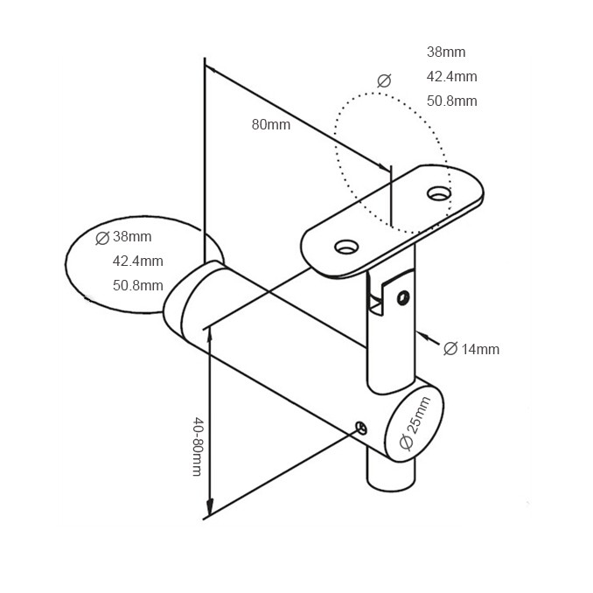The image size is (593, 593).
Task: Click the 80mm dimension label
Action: pos(271,124)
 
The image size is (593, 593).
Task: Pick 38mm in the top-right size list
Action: pos(446,52)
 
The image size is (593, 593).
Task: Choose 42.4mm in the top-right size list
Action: pos(451,76)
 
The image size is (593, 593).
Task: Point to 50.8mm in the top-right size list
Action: pos(451,101)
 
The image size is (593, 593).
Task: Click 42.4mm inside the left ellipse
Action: pos(137,261)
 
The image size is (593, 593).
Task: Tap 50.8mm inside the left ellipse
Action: pos(137,285)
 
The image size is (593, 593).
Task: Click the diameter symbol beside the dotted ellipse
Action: pos(383,81)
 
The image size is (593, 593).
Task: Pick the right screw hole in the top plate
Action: pos(439,193)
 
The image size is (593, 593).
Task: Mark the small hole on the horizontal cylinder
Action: pos(360,426)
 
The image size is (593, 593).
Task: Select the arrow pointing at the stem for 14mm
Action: pos(422,338)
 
